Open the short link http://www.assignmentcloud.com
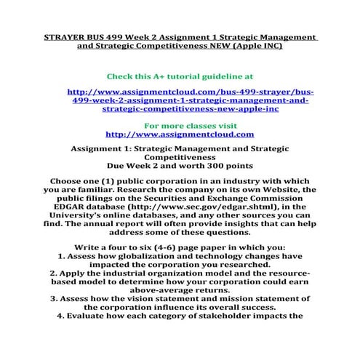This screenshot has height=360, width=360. [x=180, y=135]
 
